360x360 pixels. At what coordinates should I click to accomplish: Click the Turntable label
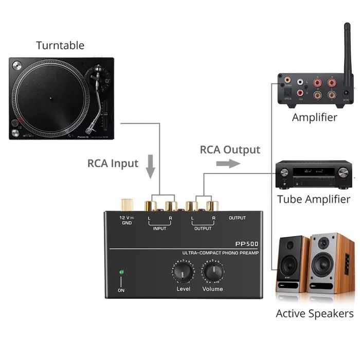(x=60, y=45)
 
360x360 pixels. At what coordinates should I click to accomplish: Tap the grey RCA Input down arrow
(x=150, y=166)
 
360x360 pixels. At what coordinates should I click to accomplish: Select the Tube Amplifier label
(x=313, y=199)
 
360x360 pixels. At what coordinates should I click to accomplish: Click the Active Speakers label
(x=314, y=313)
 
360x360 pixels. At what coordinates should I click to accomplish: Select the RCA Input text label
(x=113, y=164)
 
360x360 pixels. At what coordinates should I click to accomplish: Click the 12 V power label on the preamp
(x=126, y=218)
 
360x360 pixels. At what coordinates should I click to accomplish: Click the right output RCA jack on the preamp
(x=211, y=206)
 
